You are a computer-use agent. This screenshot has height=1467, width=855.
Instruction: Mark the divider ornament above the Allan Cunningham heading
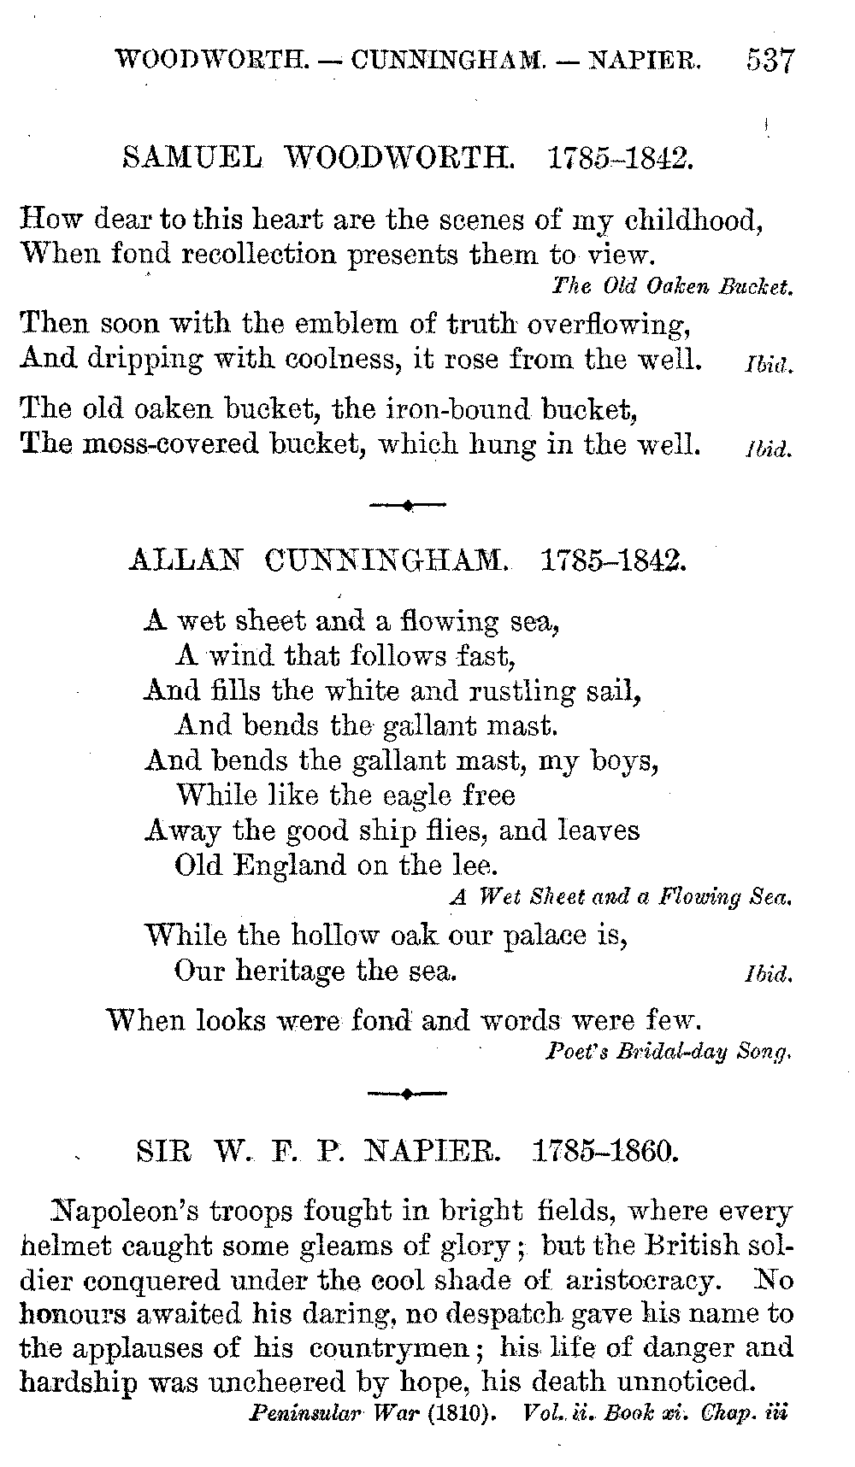408,506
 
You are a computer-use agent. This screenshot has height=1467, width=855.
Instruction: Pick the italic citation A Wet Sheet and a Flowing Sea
621,897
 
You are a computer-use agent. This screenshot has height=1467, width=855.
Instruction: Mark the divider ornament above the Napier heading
408,1093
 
